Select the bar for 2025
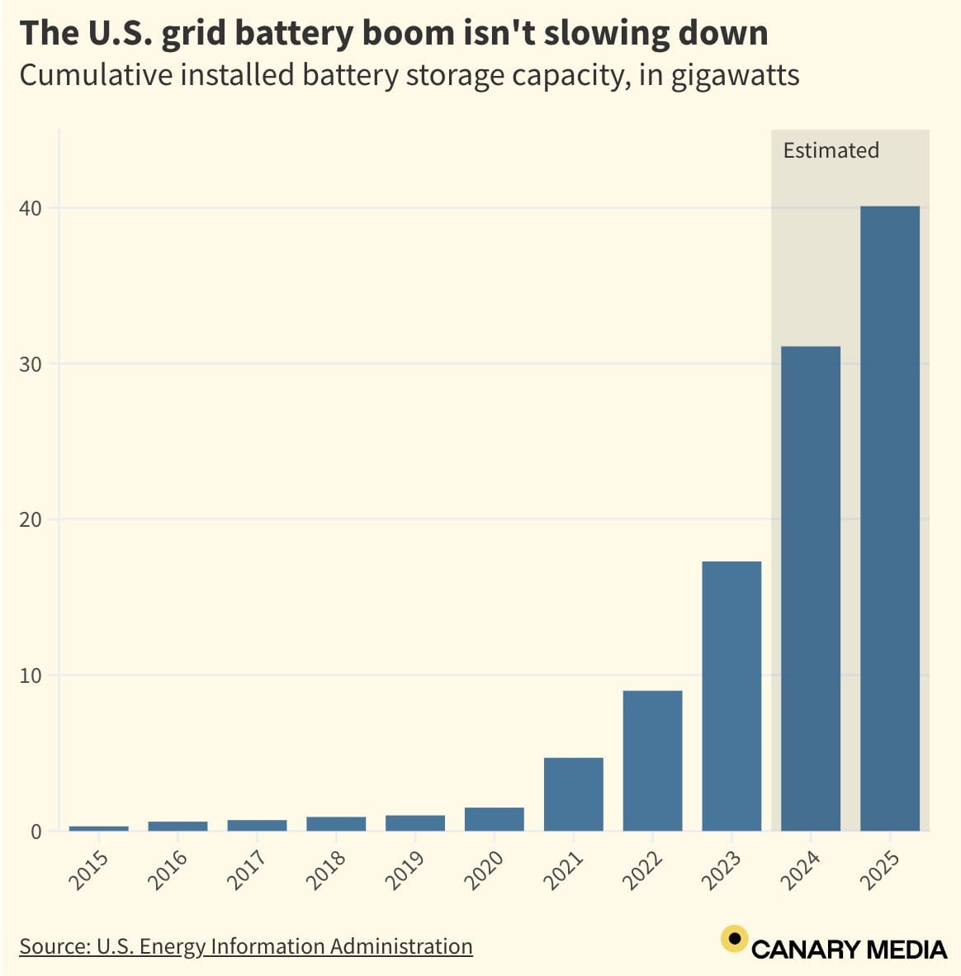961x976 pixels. [889, 519]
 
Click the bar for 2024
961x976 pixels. [810, 588]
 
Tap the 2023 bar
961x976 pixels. [731, 696]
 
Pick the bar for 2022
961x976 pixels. [652, 760]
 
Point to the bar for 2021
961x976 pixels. [573, 794]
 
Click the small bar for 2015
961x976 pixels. [98, 828]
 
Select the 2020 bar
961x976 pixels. [494, 819]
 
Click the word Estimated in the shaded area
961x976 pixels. [831, 150]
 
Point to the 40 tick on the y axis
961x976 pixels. [31, 208]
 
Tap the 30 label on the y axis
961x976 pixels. [31, 364]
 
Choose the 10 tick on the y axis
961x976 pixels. [31, 675]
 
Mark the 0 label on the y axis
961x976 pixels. [36, 831]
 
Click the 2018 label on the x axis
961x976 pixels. [326, 870]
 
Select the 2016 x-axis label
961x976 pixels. [168, 870]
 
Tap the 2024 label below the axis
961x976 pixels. [801, 870]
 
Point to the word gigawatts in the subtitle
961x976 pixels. [734, 75]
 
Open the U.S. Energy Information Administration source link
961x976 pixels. [246, 946]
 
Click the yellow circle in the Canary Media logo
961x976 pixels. [734, 939]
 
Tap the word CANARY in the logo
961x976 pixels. [806, 950]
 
